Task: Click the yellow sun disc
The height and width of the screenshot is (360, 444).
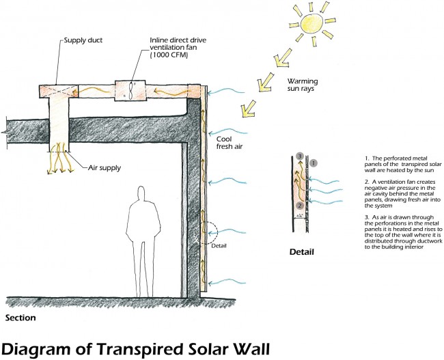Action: tap(311, 23)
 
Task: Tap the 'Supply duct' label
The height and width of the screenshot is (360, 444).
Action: tap(83, 40)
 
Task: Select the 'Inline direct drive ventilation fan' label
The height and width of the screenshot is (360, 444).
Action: tap(178, 44)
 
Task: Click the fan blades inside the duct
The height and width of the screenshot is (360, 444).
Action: tap(131, 91)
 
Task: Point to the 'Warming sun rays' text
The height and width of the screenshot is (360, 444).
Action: tap(303, 85)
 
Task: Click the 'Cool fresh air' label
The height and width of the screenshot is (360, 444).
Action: tap(230, 143)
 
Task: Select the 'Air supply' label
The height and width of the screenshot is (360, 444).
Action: tap(105, 167)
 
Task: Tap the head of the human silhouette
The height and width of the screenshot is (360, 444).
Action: tap(141, 193)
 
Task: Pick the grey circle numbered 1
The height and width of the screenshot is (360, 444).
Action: tap(314, 163)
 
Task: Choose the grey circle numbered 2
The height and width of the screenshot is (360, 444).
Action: tap(300, 206)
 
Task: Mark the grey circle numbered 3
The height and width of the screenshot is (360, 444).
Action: tap(300, 156)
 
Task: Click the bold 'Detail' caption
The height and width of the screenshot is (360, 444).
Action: tap(301, 252)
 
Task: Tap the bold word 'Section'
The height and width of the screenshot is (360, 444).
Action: tap(20, 318)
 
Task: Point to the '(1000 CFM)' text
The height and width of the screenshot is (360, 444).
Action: tap(169, 55)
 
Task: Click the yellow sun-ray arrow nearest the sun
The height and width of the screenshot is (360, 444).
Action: tap(283, 58)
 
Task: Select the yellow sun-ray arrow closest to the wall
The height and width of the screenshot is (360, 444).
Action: tap(249, 108)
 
